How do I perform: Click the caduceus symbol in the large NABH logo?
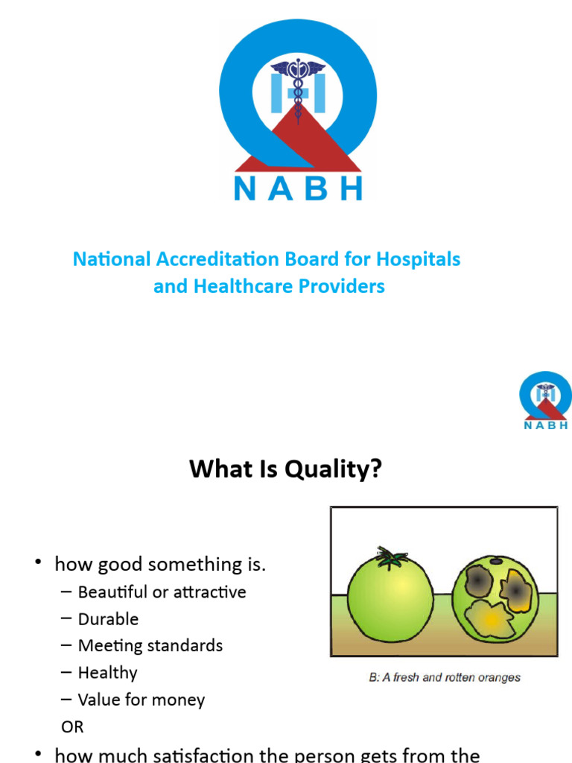[x=298, y=86]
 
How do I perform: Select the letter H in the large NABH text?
[x=350, y=188]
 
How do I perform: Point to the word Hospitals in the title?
[x=418, y=259]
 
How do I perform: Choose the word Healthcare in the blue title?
[x=238, y=285]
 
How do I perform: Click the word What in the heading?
[x=216, y=469]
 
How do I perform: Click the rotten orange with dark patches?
[x=494, y=596]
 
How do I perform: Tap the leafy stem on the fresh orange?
[x=390, y=555]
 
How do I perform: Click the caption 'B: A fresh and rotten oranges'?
[x=445, y=677]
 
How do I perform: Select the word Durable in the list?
[x=108, y=619]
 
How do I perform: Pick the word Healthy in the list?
[x=108, y=673]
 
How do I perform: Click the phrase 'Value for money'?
[x=142, y=700]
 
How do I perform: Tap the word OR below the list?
[x=73, y=726]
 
